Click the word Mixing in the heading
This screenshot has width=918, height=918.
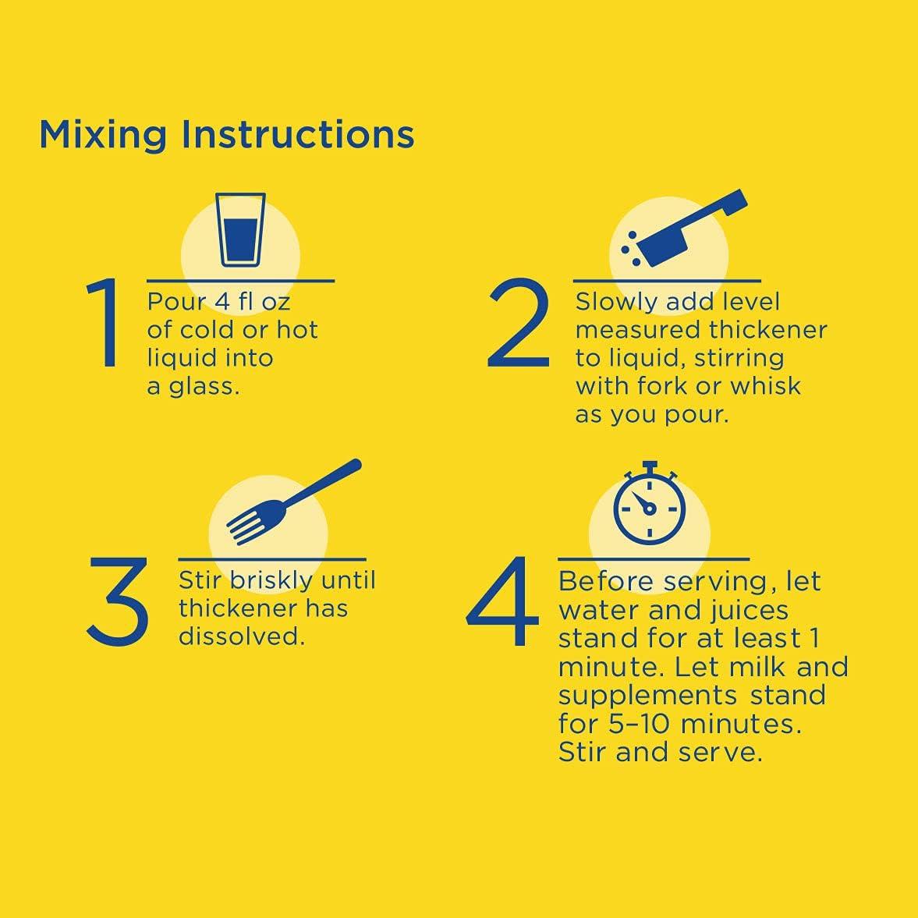point(103,136)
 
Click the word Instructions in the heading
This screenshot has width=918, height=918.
point(298,134)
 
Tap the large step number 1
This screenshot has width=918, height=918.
point(105,323)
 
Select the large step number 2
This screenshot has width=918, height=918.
point(519,323)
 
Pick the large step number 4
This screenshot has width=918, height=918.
point(503,601)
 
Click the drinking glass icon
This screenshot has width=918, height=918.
point(241,229)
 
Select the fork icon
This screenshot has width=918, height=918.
point(294,502)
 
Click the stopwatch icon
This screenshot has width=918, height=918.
point(649,503)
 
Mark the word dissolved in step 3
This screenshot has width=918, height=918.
point(242,636)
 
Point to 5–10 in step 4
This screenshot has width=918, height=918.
point(639,724)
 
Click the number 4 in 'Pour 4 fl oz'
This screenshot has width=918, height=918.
point(222,302)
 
